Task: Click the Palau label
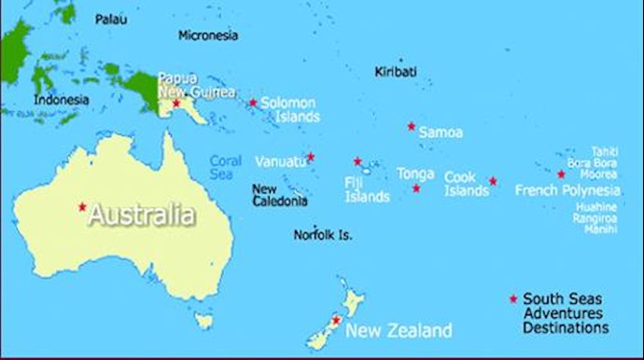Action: [x=111, y=19]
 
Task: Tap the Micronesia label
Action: [x=208, y=35]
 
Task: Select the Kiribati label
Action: [x=396, y=72]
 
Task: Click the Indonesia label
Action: [x=61, y=100]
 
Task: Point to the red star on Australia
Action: [x=82, y=206]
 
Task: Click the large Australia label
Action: [x=142, y=215]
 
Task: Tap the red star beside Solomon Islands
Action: [x=252, y=103]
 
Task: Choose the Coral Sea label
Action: [x=225, y=167]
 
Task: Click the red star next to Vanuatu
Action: [x=311, y=157]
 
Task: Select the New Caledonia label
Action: [x=280, y=195]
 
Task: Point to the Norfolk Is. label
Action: [x=323, y=235]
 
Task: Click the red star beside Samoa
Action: [x=411, y=126]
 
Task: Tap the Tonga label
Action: [x=415, y=173]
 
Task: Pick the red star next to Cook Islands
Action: [x=493, y=181]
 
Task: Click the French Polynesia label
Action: [x=567, y=190]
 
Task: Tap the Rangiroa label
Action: [x=595, y=218]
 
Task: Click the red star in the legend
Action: [x=512, y=298]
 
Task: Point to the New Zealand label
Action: [x=399, y=330]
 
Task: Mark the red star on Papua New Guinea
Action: [x=175, y=103]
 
